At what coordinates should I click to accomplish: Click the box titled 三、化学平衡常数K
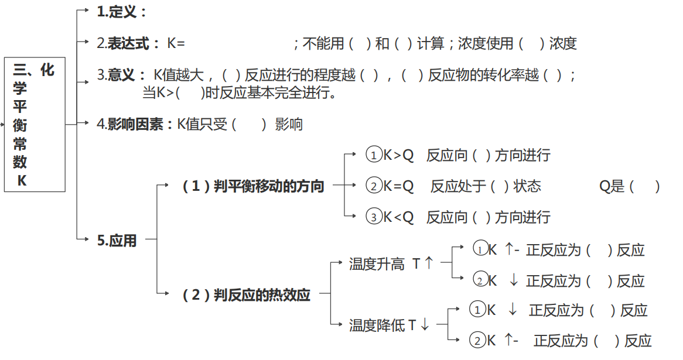tap(35, 125)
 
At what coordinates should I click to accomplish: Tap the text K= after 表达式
tap(176, 43)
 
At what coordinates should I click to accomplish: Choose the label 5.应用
tap(117, 240)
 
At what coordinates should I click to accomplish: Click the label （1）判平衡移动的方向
tap(253, 186)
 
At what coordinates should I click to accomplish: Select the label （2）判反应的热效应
tap(246, 294)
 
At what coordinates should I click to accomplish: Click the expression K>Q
tap(398, 155)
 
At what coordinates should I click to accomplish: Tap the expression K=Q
tap(398, 186)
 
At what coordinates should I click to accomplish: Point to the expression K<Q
tap(398, 217)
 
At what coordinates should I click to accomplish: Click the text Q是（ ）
tap(630, 186)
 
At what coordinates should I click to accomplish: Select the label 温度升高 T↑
tap(391, 263)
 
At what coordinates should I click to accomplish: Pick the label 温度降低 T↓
tap(389, 325)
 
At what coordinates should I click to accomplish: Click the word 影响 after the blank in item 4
tap(288, 124)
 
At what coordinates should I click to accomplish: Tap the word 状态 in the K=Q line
tap(527, 186)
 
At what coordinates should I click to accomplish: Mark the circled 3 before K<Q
tap(374, 217)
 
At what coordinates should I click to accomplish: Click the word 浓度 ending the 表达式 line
tap(563, 43)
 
